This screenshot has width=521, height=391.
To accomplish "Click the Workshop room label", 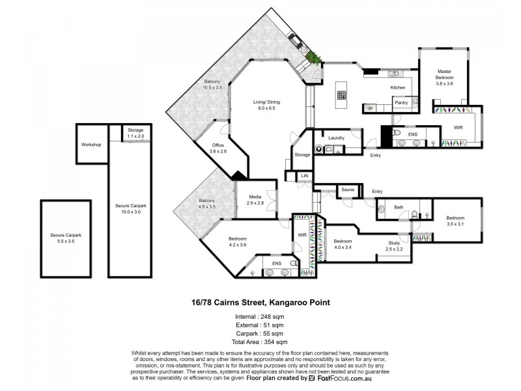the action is pos(91,145).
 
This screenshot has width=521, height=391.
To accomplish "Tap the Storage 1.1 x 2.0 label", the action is pos(135,133).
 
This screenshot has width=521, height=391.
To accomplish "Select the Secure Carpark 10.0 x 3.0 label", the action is pos(131,209).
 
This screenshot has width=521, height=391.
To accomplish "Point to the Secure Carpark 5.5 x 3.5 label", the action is pos(66,238).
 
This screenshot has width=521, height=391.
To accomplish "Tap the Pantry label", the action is pos(401,103).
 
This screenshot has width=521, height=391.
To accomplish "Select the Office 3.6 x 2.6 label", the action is pos(218,149).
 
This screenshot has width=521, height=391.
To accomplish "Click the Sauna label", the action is pos(348,190).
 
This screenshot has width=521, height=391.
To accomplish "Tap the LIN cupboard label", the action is pos(305,175).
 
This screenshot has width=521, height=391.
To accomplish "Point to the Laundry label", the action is pos(336,138).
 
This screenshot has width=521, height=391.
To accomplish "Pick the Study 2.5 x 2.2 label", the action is pos(394,246).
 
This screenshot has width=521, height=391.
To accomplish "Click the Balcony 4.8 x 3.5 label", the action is pos(207,203).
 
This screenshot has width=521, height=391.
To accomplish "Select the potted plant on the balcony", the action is pos(313,57).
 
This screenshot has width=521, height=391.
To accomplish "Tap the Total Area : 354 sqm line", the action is pos(259,341).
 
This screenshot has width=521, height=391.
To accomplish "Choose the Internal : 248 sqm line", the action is pos(259,317).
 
